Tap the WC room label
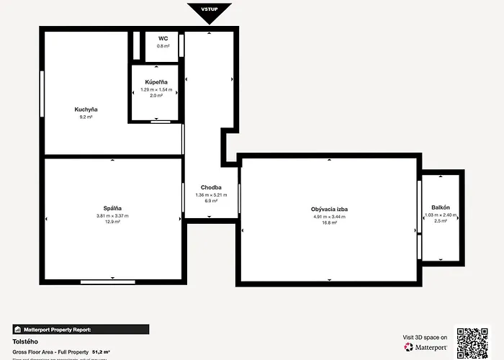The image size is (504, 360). pos(163,38)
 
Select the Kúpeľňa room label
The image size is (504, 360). pos(156,83)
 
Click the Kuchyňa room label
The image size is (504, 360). pos(86,109)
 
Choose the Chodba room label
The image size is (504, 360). pos(211,188)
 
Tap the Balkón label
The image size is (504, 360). pos(441,207)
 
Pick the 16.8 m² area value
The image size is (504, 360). pos(330,222)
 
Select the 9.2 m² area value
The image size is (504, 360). pos(86,117)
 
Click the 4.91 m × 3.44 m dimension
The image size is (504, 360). pos(330,216)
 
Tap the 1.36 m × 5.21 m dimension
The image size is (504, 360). pos(211,194)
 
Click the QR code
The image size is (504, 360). pos(472,343)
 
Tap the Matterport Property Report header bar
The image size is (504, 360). pos(81,329)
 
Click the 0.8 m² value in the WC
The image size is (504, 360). pos(163,45)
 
